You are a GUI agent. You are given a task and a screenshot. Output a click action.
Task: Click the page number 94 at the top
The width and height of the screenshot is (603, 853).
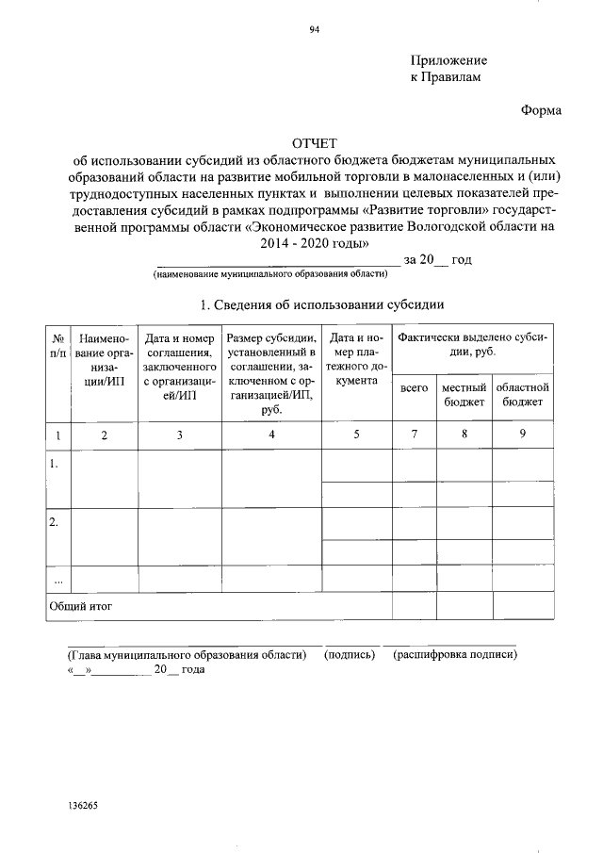pyautogui.click(x=315, y=29)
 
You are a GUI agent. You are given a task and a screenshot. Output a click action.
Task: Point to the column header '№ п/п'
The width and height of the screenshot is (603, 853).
pyautogui.click(x=58, y=344)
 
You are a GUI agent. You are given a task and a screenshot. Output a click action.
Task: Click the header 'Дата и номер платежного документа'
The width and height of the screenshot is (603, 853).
pyautogui.click(x=356, y=358)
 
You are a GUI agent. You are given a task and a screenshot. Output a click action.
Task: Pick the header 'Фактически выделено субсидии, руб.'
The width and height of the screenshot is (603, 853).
pyautogui.click(x=472, y=344)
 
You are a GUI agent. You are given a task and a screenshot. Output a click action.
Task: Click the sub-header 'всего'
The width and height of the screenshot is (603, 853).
pyautogui.click(x=415, y=387)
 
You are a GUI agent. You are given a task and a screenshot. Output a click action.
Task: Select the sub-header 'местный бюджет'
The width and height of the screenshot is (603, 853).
pyautogui.click(x=464, y=394)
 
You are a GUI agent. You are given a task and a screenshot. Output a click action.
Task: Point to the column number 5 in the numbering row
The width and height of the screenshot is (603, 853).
pyautogui.click(x=356, y=435)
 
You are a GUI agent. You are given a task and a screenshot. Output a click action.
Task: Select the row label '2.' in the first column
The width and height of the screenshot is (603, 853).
pyautogui.click(x=55, y=521)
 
